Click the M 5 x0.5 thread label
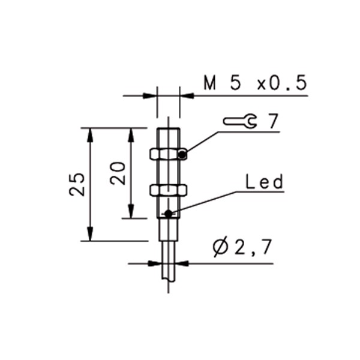click(x=255, y=83)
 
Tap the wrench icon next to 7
click(x=240, y=121)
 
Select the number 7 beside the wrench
click(x=273, y=121)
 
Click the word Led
click(x=265, y=182)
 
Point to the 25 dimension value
click(x=77, y=184)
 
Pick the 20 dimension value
click(x=118, y=173)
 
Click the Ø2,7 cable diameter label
click(x=242, y=247)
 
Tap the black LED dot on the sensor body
click(x=169, y=214)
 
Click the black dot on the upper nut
click(x=182, y=155)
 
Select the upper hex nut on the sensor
click(x=168, y=154)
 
